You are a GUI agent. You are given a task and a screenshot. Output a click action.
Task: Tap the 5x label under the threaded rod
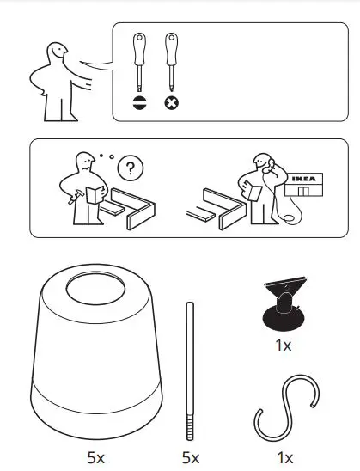tap(191, 457)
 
